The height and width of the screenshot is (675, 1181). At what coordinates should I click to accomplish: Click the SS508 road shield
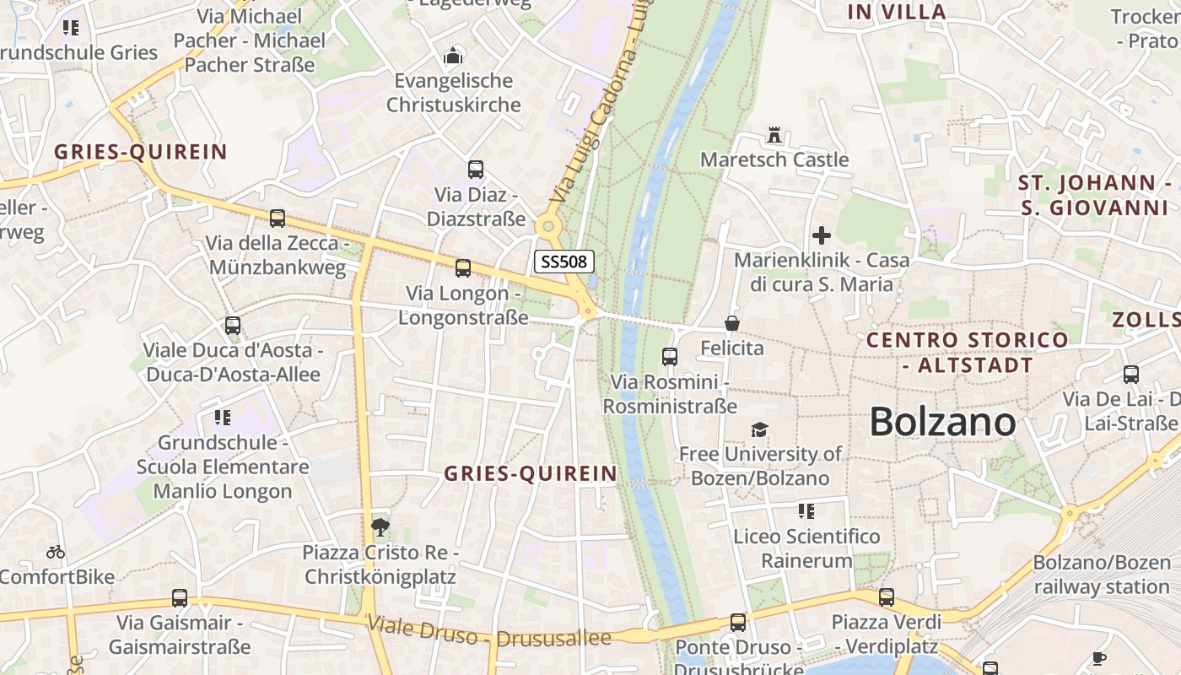(564, 262)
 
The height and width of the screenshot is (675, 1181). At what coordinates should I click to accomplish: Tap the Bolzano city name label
(942, 421)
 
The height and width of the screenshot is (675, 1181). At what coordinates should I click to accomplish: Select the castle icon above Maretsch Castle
(774, 135)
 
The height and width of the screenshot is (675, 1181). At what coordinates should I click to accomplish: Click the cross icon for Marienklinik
(821, 235)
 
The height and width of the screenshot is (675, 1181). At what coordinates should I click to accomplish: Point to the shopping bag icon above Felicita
(731, 323)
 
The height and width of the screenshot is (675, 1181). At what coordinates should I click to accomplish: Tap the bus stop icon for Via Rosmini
(670, 357)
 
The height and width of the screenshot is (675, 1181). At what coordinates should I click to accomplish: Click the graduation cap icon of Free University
(759, 430)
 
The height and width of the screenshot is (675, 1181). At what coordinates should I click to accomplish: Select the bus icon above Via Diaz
(476, 170)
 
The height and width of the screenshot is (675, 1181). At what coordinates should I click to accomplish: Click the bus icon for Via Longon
(462, 268)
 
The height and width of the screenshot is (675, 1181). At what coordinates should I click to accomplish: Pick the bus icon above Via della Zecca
(277, 219)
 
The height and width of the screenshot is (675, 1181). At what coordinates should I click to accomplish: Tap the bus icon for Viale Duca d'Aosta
(233, 325)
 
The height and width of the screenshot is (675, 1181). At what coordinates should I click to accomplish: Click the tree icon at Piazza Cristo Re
(380, 527)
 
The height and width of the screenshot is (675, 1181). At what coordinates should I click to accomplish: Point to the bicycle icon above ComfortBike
(56, 553)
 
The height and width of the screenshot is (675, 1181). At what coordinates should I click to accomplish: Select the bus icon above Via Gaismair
(180, 598)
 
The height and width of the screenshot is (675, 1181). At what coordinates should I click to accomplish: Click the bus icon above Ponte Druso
(738, 623)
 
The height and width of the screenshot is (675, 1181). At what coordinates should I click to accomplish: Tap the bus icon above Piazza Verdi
(887, 597)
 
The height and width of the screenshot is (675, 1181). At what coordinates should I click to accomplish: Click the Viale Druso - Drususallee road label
(489, 633)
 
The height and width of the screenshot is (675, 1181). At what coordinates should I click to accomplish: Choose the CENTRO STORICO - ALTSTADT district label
(968, 353)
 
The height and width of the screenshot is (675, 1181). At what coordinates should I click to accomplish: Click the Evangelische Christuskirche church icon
(453, 57)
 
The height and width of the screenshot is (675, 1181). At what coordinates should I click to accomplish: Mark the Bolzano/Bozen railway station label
(1103, 575)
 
